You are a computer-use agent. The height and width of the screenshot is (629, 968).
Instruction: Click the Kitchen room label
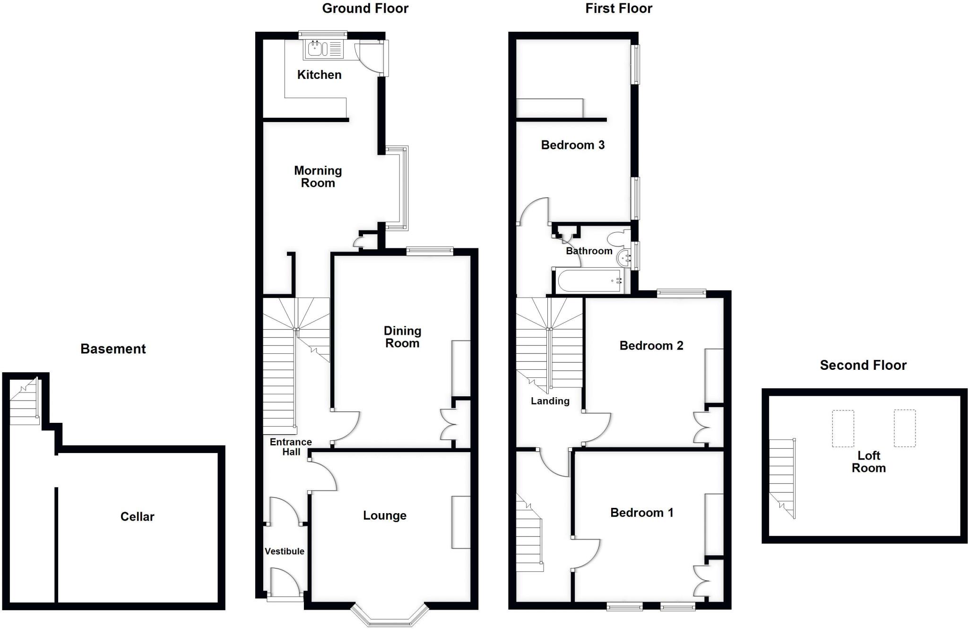point(319,75)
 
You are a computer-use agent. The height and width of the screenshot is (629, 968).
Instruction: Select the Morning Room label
point(318,176)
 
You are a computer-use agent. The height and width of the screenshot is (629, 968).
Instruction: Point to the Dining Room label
point(402,337)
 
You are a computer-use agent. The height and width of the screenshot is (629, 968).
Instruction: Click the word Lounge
point(384,515)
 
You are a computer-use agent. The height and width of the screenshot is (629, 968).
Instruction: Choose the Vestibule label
point(284,551)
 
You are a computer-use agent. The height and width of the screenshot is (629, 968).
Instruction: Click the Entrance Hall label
point(291,447)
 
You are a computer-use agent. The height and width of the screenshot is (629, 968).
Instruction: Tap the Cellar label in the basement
point(137,516)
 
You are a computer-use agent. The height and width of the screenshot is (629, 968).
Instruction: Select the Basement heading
point(113,349)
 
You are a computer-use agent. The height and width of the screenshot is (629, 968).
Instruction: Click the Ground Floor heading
point(365,9)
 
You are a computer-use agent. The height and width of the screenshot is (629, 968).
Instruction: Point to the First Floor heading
point(618,9)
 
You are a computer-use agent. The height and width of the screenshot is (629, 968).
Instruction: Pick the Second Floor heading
point(863,365)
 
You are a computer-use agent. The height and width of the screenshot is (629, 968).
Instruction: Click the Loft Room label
point(868,462)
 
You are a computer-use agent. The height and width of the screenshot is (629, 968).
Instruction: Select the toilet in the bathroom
point(619,238)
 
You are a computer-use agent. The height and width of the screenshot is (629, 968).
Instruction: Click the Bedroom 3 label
point(572,145)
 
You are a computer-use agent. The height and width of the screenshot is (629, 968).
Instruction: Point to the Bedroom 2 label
point(651,346)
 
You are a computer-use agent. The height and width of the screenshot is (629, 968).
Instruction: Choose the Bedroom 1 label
point(641,513)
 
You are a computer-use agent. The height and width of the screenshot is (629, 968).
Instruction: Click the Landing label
point(550,401)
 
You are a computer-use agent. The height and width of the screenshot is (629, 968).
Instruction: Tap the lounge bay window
point(390,617)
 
